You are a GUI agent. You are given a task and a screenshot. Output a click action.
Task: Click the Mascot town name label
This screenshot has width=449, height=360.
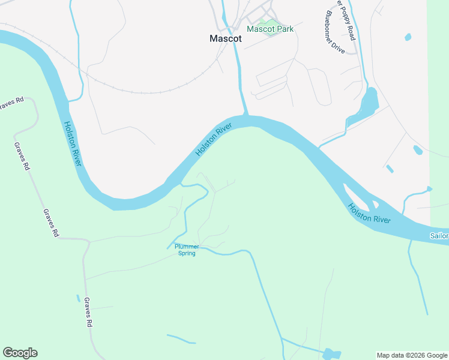click(x=226, y=38)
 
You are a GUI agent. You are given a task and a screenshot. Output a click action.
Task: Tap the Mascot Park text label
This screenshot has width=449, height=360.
click(x=270, y=29)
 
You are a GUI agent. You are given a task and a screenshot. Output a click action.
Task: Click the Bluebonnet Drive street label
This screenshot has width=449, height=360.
click(x=334, y=33)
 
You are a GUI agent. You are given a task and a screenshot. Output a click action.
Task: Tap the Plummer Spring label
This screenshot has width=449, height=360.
click(x=186, y=250)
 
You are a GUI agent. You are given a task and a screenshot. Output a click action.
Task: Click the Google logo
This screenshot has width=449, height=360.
click(x=20, y=353)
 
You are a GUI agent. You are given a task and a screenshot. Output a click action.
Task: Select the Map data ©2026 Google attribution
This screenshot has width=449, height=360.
click(x=412, y=355)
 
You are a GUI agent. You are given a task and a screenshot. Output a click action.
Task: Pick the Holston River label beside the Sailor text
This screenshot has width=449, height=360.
click(x=369, y=212)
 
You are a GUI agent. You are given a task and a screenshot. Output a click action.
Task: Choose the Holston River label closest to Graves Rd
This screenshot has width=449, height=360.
click(x=73, y=144)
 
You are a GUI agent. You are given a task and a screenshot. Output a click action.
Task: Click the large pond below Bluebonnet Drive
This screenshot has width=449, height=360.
click(x=367, y=103)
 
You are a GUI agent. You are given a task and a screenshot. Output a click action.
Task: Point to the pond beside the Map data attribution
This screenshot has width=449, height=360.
click(x=331, y=355)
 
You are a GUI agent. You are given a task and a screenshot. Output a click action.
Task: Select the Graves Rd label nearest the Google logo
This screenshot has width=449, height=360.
click(x=88, y=312)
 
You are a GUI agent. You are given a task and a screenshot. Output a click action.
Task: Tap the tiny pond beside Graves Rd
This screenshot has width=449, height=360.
click(x=78, y=298)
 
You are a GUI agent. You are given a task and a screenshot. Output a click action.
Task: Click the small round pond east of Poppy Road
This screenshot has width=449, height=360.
click(x=408, y=37)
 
